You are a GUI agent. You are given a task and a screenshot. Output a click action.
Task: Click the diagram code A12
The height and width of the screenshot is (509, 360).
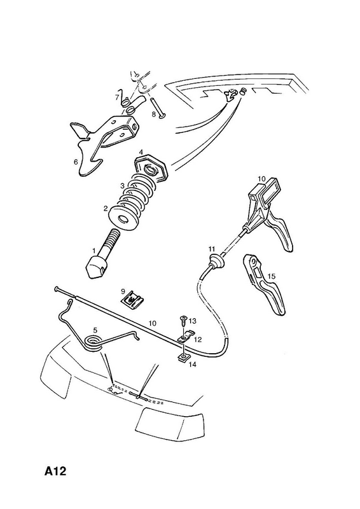coord(55,470)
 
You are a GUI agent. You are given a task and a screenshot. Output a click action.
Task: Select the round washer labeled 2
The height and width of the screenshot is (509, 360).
coord(123,218)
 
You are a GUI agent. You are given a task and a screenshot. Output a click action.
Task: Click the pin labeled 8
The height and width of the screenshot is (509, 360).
coord(158,108)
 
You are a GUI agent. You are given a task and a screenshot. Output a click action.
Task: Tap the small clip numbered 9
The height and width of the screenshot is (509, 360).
coord(132,298)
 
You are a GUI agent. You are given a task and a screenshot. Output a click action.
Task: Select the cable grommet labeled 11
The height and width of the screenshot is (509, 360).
coord(214,261)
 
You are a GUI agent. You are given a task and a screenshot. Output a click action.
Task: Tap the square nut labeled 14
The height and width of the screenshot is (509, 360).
coord(183,358)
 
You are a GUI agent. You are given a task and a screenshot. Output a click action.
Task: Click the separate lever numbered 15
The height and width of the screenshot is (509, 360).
coord(265,283)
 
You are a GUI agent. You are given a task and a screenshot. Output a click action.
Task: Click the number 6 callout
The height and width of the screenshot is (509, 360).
coord(76,162)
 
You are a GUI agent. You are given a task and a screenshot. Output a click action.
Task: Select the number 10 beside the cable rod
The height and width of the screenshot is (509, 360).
coord(153,323)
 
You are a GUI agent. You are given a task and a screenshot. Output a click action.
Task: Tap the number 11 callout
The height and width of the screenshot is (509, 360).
coord(212,249)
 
